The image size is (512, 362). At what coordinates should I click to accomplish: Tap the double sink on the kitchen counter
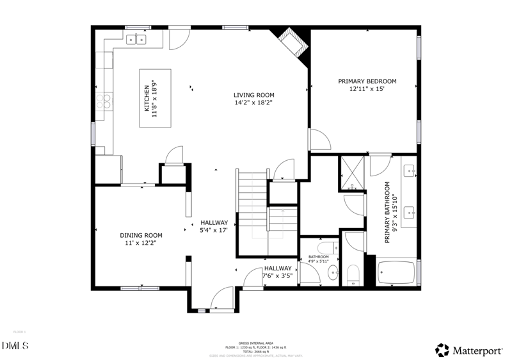click(x=136, y=40)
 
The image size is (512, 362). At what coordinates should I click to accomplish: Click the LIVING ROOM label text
click(x=253, y=95)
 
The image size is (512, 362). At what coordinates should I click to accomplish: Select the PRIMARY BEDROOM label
click(x=367, y=81)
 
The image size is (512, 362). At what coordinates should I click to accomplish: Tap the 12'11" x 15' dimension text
click(x=367, y=90)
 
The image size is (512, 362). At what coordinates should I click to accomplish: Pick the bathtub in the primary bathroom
click(x=396, y=272)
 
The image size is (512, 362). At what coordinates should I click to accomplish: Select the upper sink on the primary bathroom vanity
click(x=410, y=170)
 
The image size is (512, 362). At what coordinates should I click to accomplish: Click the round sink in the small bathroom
click(x=333, y=274)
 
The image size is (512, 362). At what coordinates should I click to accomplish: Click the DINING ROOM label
click(x=141, y=235)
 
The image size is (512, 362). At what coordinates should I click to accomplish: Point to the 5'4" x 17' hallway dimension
click(x=214, y=230)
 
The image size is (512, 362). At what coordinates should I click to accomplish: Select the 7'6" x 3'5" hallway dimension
click(x=278, y=276)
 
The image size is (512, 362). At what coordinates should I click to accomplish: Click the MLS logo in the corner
click(x=15, y=347)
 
